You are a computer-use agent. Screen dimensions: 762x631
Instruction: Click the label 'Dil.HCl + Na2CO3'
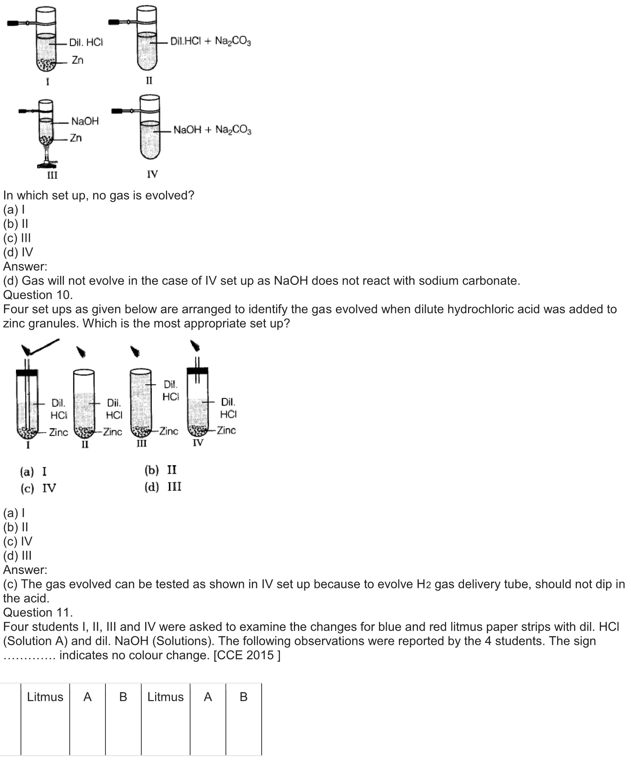(210, 41)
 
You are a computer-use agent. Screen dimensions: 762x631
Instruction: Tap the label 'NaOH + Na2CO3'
(212, 130)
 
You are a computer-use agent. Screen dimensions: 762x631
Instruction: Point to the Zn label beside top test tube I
(77, 60)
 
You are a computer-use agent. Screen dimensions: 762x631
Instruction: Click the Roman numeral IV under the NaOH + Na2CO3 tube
(152, 174)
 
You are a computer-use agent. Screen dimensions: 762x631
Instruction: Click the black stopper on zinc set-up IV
(197, 371)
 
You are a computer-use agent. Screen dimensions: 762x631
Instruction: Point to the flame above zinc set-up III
(135, 351)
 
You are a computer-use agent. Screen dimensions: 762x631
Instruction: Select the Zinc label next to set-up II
(112, 432)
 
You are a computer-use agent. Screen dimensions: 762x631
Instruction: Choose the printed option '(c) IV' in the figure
(38, 488)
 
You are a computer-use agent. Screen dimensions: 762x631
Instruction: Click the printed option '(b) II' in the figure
(160, 470)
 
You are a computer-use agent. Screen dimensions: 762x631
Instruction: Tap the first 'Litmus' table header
(45, 697)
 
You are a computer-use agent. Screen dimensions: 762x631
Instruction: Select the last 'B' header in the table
(243, 697)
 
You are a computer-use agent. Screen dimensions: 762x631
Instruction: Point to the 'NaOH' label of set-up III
(85, 121)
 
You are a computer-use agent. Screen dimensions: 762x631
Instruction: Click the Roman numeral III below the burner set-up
(52, 175)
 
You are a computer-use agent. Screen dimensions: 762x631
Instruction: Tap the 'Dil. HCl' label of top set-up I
(86, 43)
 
